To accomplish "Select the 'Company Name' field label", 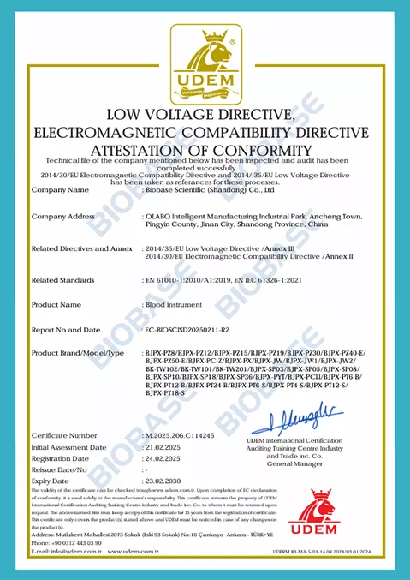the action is click(58, 189).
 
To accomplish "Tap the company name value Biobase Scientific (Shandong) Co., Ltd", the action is click(200, 189).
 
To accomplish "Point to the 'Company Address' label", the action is click(63, 218).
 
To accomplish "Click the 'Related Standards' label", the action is click(63, 280).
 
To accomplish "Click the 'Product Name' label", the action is click(56, 304).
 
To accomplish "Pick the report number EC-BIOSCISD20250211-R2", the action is click(188, 328).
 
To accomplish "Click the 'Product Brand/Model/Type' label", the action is click(78, 353).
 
